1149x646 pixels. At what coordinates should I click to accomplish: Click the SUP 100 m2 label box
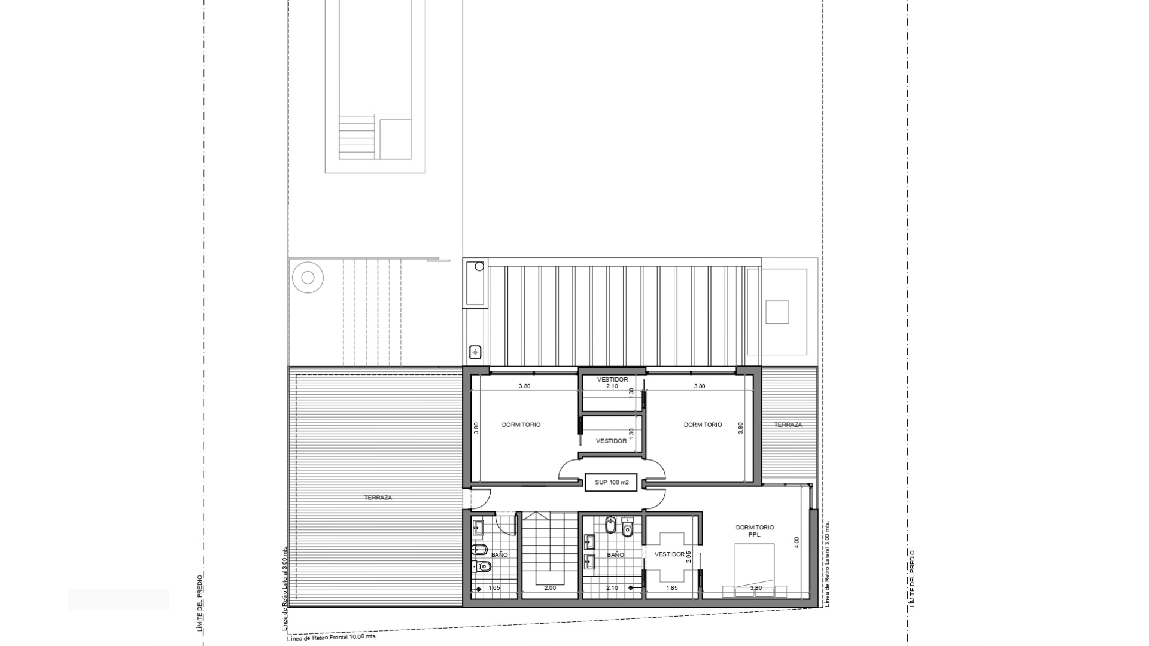point(612,482)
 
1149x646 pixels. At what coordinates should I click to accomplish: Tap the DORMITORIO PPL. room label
point(755,531)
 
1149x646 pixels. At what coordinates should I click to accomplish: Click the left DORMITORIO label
point(521,425)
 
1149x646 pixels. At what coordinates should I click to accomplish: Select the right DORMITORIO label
point(703,425)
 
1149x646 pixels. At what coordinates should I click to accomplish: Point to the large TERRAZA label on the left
point(378,498)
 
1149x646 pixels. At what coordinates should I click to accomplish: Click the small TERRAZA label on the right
point(788,425)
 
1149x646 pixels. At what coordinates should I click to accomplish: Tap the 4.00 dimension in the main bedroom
point(796,543)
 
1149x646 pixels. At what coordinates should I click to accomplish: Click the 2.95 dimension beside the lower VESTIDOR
point(689,556)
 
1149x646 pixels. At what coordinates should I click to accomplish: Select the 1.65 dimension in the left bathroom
point(494,588)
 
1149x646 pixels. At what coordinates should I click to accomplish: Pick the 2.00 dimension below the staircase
point(550,588)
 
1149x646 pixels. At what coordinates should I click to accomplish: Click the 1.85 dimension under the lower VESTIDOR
point(672,588)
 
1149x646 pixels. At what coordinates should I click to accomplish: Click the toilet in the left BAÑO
point(480,566)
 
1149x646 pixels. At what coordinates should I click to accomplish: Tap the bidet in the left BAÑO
point(480,549)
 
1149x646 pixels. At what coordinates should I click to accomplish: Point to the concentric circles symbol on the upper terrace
point(308,278)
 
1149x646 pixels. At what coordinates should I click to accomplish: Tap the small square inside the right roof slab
point(777,312)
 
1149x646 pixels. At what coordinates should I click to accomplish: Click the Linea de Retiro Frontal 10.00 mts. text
point(332,638)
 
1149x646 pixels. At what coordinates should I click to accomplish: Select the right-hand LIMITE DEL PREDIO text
point(912,578)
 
